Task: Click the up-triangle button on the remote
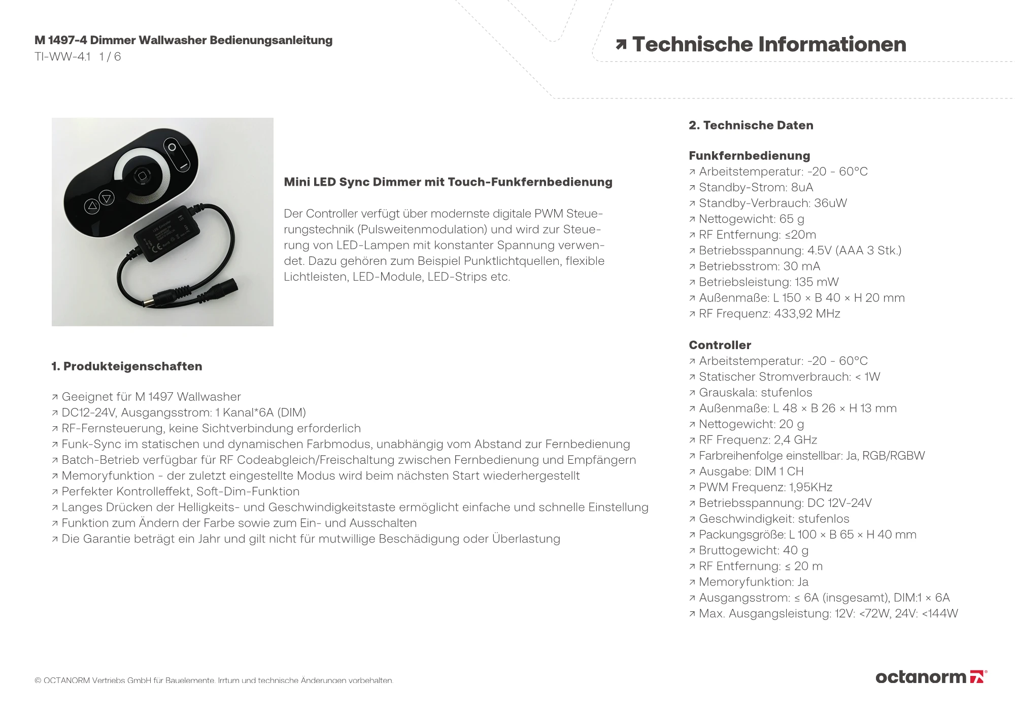(92, 206)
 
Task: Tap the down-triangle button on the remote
(107, 198)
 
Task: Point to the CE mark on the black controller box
(157, 247)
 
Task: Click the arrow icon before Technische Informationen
(621, 45)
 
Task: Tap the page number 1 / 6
(110, 57)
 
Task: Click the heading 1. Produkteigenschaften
(127, 366)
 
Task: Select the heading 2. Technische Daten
(751, 125)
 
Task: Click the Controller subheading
(720, 345)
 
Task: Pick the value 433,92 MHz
(807, 314)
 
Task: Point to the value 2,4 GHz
(795, 440)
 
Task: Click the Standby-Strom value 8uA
(802, 187)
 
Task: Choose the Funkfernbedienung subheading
(749, 156)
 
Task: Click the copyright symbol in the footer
(38, 680)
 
